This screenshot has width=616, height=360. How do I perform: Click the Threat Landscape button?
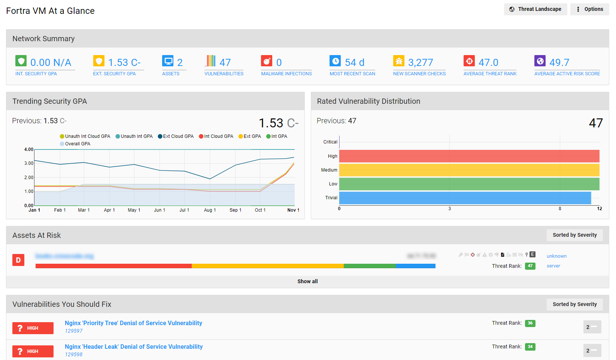pos(535,9)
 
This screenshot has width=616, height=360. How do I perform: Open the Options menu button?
pos(589,9)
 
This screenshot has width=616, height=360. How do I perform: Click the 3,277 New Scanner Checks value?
pos(420,63)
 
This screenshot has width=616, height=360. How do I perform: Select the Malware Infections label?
pos(286,74)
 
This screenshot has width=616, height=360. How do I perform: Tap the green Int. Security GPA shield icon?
pos(21,61)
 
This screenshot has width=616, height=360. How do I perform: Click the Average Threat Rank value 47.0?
pos(488,63)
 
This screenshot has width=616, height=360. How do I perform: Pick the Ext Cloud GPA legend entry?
pos(176,136)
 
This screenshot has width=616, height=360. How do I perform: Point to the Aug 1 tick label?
pos(210,210)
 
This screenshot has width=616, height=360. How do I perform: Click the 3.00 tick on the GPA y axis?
pos(29,163)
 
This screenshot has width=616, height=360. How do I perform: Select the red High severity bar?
pos(469,156)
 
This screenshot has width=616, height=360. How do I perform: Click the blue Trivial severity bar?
pos(464,198)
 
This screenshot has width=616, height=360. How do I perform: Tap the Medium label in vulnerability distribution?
pos(329,170)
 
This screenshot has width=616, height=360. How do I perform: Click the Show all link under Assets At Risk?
pos(307,281)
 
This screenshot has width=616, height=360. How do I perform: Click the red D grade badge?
pos(18,260)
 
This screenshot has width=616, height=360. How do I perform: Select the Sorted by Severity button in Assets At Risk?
pos(574,235)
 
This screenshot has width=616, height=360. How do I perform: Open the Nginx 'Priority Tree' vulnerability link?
pos(133,323)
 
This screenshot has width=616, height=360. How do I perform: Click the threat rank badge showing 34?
pos(530,347)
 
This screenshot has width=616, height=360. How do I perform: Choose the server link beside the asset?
pos(553,266)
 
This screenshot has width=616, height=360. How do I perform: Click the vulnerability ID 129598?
pos(74,354)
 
